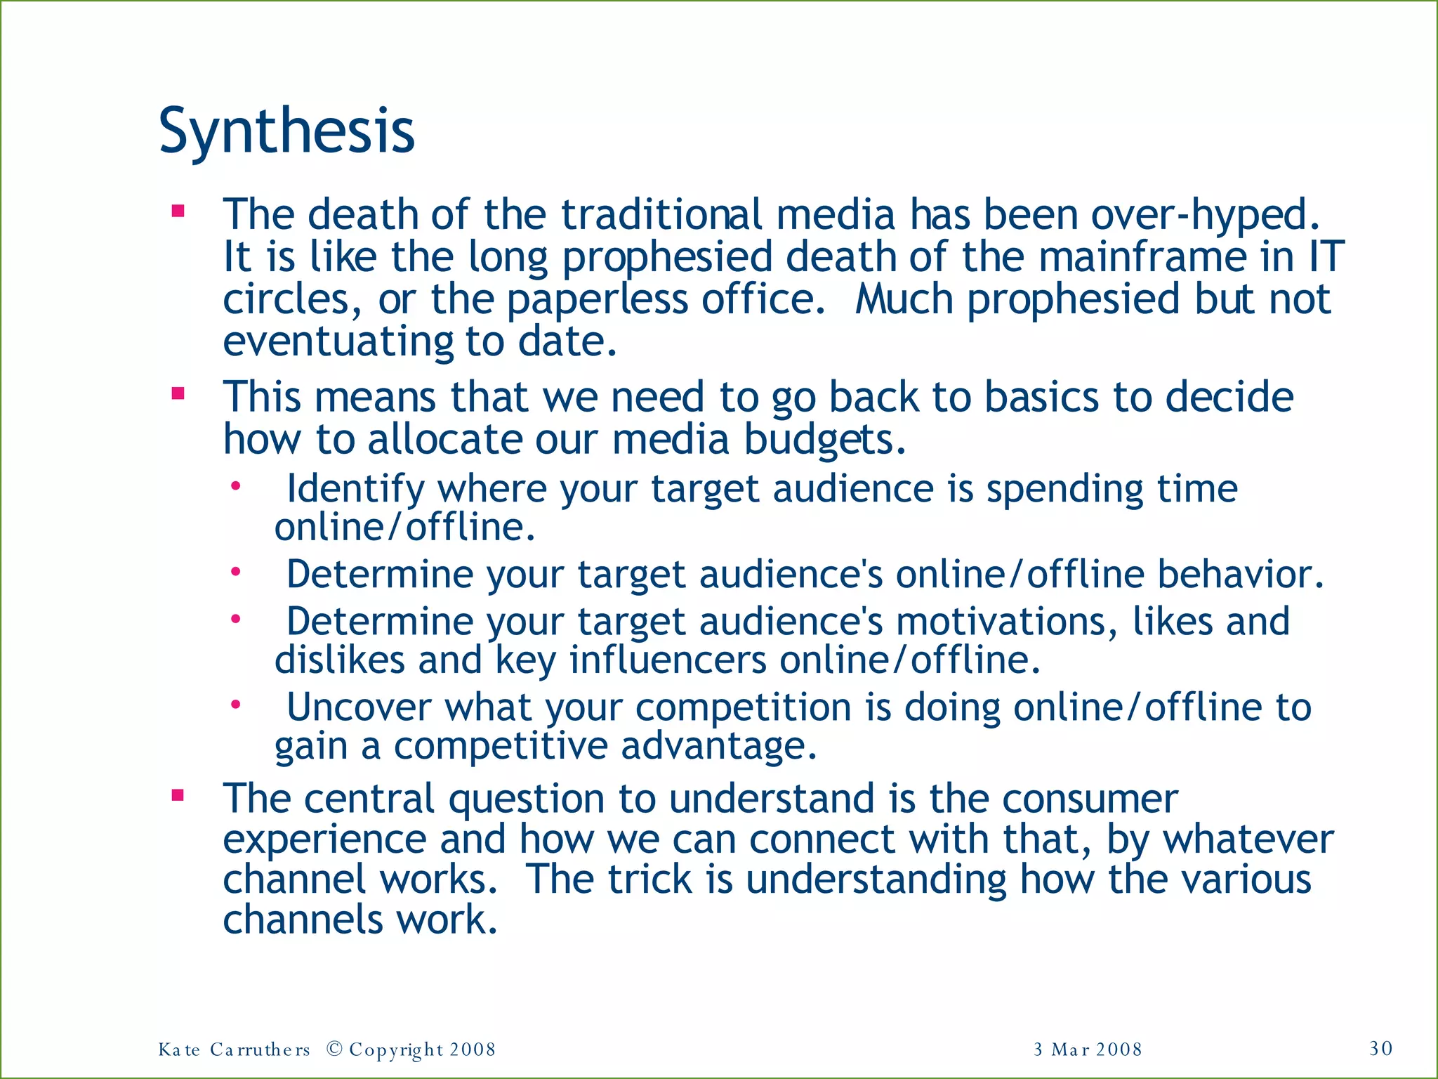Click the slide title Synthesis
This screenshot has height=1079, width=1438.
[286, 132]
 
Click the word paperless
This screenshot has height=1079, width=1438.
[597, 299]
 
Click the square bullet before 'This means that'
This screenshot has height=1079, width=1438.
[178, 393]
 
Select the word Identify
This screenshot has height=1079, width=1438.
[355, 489]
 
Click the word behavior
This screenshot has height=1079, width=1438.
[1240, 574]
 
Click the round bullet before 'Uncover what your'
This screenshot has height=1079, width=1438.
[237, 704]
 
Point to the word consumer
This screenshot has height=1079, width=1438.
[1090, 799]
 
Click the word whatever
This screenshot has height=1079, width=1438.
[1248, 839]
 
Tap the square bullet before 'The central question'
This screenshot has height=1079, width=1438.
[178, 796]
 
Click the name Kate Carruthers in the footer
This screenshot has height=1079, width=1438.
[234, 1049]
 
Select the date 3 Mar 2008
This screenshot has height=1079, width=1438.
[1088, 1049]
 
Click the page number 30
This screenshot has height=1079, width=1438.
[1380, 1048]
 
